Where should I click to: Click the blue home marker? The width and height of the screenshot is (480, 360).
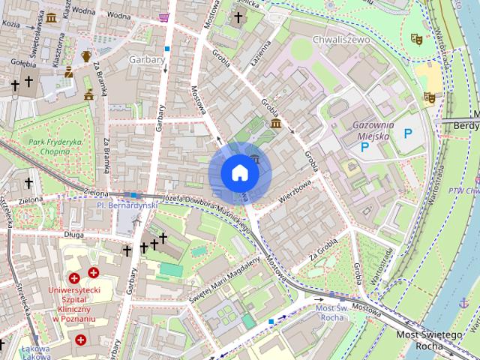[x=239, y=173]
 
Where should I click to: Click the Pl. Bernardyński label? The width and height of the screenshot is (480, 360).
[x=127, y=204]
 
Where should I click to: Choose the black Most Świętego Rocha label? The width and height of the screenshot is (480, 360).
[x=428, y=340]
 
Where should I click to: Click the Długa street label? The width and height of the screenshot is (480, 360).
[x=73, y=234]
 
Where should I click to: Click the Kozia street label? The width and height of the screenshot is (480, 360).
[x=10, y=24]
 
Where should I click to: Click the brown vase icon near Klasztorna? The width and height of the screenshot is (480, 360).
[x=86, y=55]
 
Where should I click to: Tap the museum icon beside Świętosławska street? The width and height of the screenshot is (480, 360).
[x=51, y=17]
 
